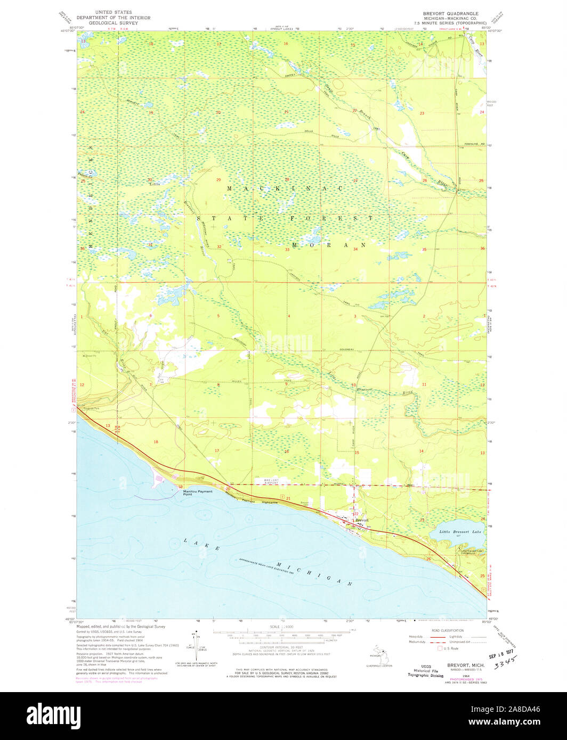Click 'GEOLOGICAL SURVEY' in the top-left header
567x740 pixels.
113,23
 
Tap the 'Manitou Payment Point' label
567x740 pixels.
198,492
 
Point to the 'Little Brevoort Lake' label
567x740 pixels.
460,532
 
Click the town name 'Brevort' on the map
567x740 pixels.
362,520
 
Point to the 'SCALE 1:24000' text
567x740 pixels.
283,627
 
